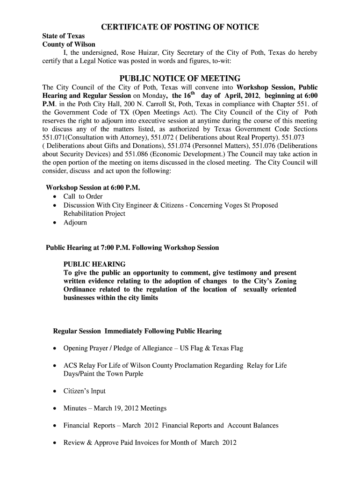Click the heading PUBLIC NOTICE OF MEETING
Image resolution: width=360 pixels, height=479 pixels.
click(180, 78)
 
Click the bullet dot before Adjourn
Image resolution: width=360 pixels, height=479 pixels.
click(56, 223)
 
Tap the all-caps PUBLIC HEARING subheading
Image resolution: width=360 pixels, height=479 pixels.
click(94, 264)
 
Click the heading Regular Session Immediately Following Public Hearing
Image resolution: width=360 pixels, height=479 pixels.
click(137, 331)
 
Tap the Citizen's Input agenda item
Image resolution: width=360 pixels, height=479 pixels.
click(85, 391)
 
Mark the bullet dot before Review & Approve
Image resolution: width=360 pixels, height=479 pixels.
click(56, 443)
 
